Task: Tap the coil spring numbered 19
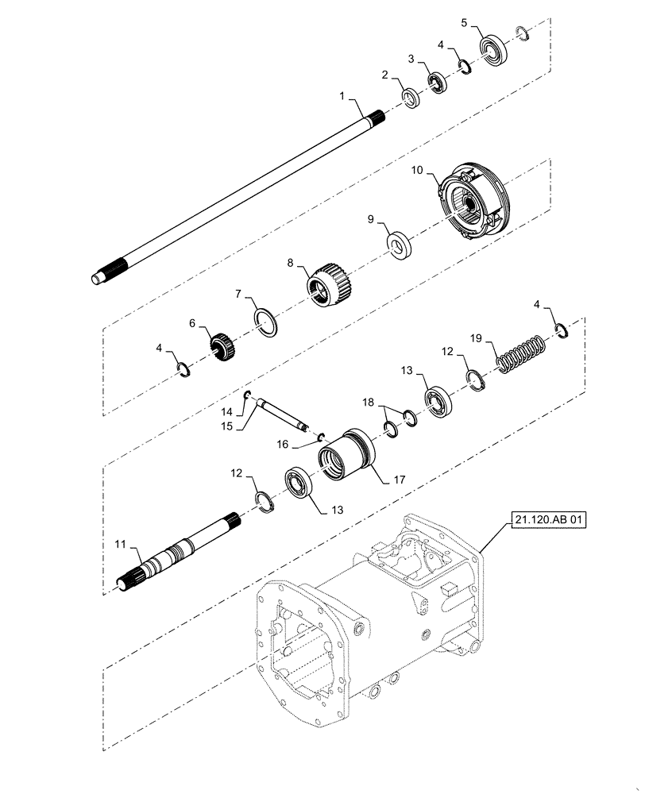click(x=521, y=353)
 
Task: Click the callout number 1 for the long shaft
click(x=342, y=96)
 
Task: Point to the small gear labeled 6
click(x=219, y=346)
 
